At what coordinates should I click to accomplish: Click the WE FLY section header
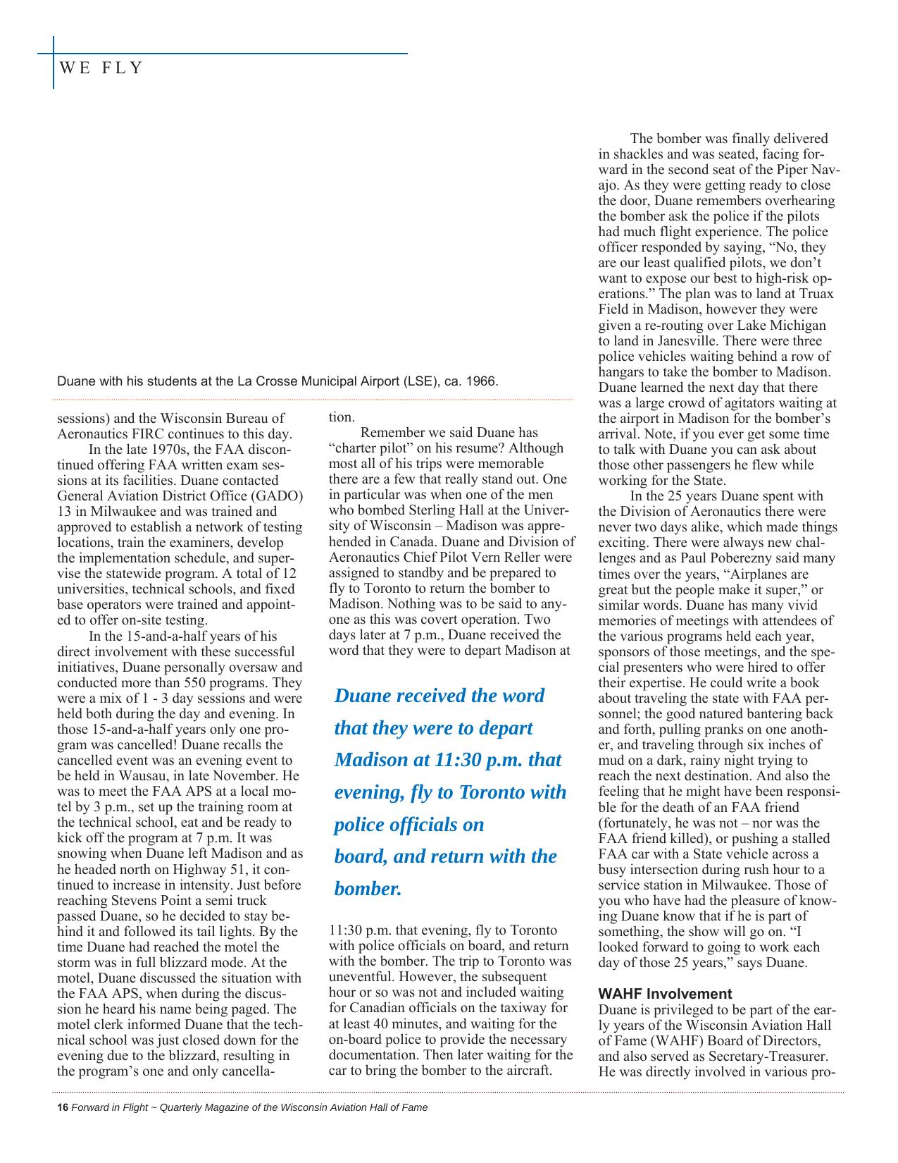click(x=101, y=68)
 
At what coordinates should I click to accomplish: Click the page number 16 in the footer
click(x=62, y=1107)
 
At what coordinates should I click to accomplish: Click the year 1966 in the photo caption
click(x=482, y=381)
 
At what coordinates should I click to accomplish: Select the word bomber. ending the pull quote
click(x=368, y=888)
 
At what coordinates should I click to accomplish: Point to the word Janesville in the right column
click(x=671, y=340)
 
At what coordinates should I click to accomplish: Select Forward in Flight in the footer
click(x=109, y=1107)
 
